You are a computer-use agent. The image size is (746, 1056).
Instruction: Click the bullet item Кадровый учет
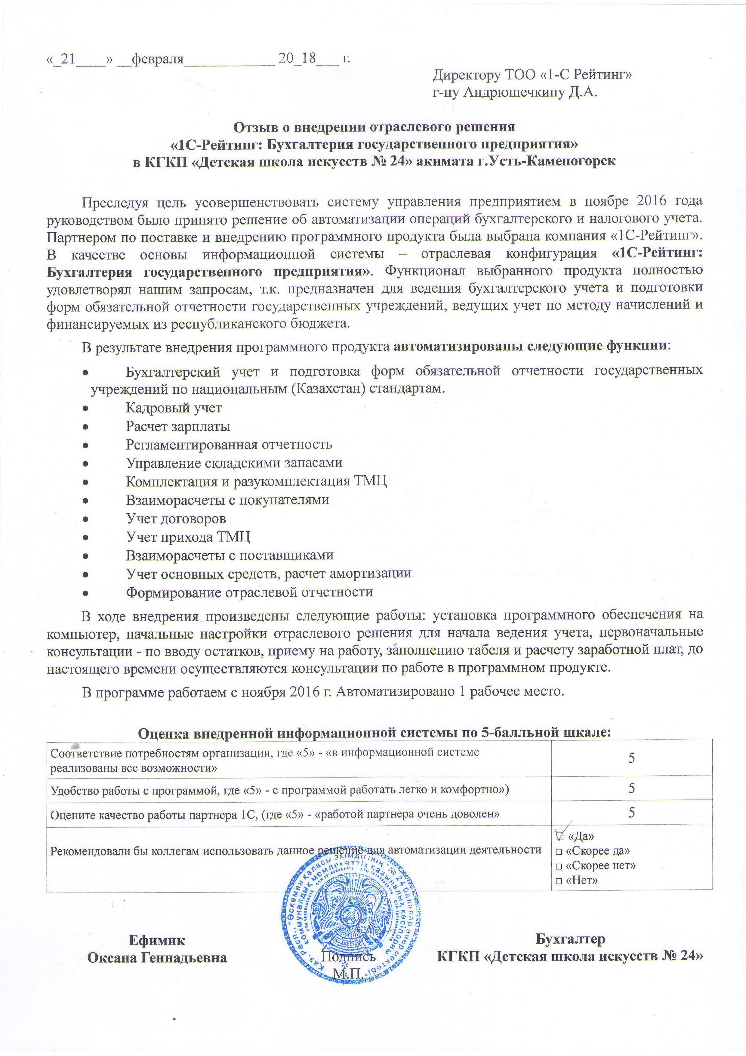pos(174,408)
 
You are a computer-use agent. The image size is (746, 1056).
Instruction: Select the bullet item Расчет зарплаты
pos(178,426)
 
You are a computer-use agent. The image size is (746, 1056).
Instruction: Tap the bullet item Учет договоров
pos(176,518)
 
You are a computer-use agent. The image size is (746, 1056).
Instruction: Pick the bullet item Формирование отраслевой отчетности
pos(249,592)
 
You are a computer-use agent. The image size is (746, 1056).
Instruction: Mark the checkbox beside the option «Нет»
pos(559,881)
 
